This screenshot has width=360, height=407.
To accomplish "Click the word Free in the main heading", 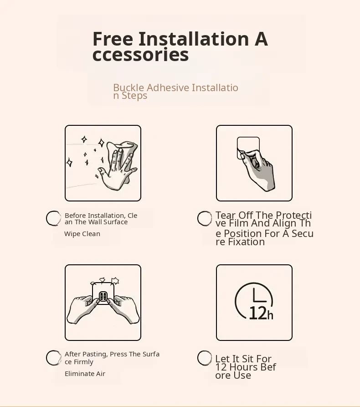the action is (x=113, y=39).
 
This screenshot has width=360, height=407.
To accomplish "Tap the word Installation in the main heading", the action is (x=194, y=39).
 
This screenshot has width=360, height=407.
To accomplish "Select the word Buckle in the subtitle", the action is (x=129, y=88).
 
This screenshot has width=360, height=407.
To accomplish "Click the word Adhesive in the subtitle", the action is (x=168, y=88).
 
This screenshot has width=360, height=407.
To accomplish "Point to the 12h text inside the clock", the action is (x=261, y=313).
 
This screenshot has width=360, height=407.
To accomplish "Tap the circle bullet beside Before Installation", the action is (x=54, y=218).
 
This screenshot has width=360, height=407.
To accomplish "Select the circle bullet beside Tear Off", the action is (x=205, y=218).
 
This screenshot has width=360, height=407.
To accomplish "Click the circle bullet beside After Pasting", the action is (x=54, y=358).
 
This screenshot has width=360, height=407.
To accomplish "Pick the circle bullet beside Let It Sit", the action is (x=205, y=358).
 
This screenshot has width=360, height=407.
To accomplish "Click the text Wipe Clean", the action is (x=82, y=234).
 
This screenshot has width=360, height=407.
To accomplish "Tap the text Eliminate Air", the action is (x=85, y=374).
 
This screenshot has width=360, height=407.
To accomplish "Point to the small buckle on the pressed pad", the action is (x=103, y=296).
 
